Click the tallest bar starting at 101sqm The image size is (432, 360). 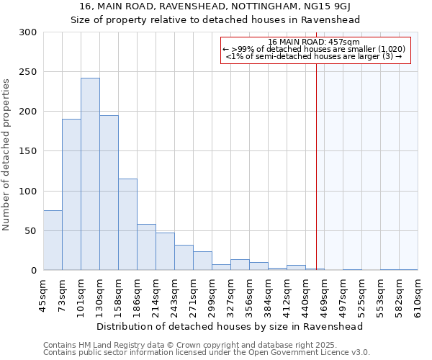pos(90,174)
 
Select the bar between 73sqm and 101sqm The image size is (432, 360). pos(71,194)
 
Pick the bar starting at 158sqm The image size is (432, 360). pos(127,225)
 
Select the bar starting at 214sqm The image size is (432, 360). pos(165,251)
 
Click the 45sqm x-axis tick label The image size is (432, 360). pos(43,294)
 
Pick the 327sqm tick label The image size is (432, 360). pos(231,294)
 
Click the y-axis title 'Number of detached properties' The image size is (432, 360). pos(7,156)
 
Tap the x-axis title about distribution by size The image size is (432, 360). pos(230,326)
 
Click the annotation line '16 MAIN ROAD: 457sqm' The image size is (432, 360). pos(315,42)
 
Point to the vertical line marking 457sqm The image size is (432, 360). pos(316,166)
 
